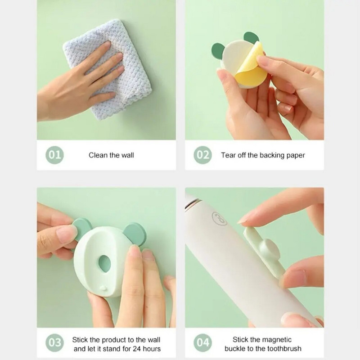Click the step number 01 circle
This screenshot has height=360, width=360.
[x=54, y=155]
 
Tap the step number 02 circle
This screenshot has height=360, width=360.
[x=203, y=155]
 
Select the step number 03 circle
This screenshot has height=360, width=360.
[x=54, y=342]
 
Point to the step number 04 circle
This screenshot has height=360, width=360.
[x=203, y=342]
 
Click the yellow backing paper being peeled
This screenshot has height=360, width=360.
[x=250, y=67]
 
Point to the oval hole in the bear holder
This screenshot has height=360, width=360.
[x=105, y=264]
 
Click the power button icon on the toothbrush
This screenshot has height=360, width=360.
[x=219, y=218]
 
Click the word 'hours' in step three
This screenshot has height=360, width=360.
[x=152, y=349]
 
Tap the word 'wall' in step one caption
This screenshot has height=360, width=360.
[x=127, y=155]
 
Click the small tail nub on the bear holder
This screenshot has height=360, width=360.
[x=103, y=288]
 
